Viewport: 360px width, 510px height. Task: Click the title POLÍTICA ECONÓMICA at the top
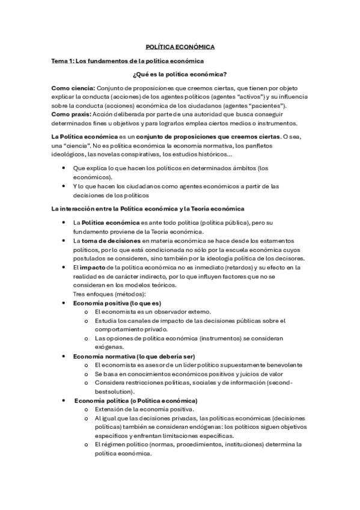click(x=180, y=46)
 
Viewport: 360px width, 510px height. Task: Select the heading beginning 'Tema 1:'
click(x=128, y=61)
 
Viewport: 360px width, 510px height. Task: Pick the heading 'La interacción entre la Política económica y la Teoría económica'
click(x=148, y=208)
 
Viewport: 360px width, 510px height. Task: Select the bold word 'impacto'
click(x=93, y=267)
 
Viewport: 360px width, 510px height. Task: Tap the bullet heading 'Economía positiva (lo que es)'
click(x=117, y=303)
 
